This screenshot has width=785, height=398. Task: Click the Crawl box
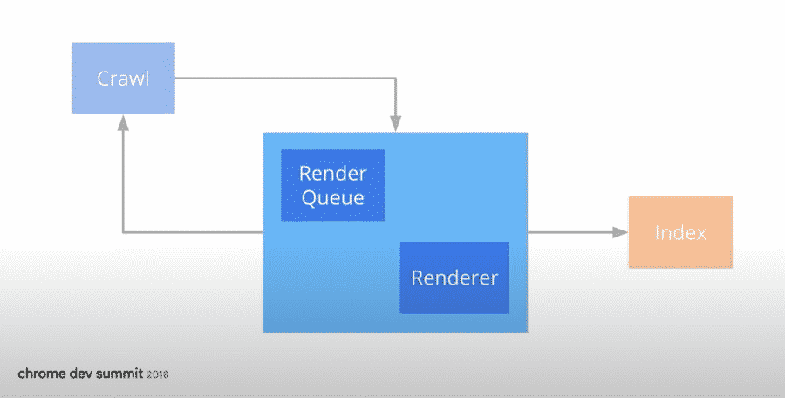123,79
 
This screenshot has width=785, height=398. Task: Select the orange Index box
680,232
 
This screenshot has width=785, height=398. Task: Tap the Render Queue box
333,185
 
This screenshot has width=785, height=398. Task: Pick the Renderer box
454,278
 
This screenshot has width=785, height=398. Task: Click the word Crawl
123,79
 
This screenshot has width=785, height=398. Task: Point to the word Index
680,232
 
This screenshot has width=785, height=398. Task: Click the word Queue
333,197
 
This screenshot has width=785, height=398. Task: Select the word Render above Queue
333,174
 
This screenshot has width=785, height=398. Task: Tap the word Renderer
454,278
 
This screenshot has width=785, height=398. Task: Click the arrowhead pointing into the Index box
621,232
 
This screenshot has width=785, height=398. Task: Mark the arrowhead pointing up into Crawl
123,123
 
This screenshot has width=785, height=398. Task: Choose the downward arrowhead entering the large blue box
395,124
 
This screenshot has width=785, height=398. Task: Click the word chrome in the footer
42,374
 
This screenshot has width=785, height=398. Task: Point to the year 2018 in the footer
158,374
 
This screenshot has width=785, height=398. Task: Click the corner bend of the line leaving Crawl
395,79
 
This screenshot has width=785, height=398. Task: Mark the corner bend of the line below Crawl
123,232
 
